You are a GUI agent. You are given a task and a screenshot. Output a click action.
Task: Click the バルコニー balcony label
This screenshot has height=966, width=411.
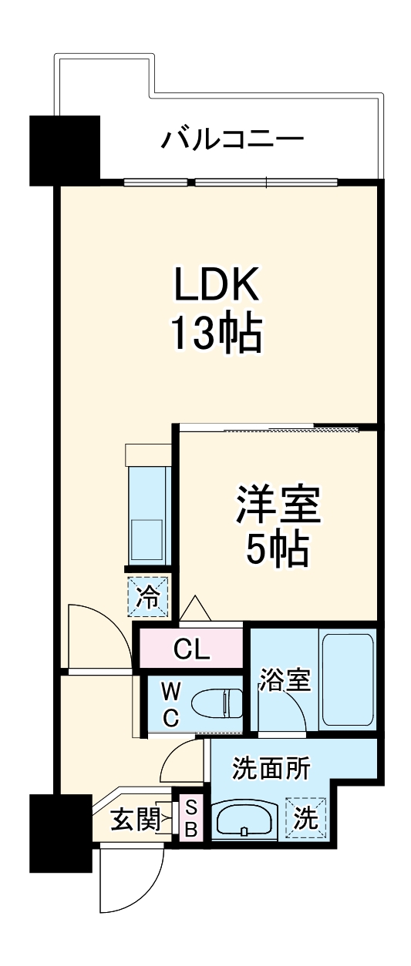tap(232, 141)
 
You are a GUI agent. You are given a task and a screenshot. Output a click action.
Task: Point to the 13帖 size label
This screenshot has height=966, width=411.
tap(216, 333)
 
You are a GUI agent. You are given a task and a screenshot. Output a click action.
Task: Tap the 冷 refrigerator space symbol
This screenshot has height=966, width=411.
tap(148, 595)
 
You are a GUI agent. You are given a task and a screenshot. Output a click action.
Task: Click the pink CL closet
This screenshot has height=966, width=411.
tap(191, 649)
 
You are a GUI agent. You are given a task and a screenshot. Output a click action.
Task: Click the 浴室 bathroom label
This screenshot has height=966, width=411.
tap(285, 681)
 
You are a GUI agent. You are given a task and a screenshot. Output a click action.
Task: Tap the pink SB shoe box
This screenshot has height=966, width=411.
tap(191, 819)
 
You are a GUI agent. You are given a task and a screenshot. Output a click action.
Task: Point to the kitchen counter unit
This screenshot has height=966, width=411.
tap(147, 509)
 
